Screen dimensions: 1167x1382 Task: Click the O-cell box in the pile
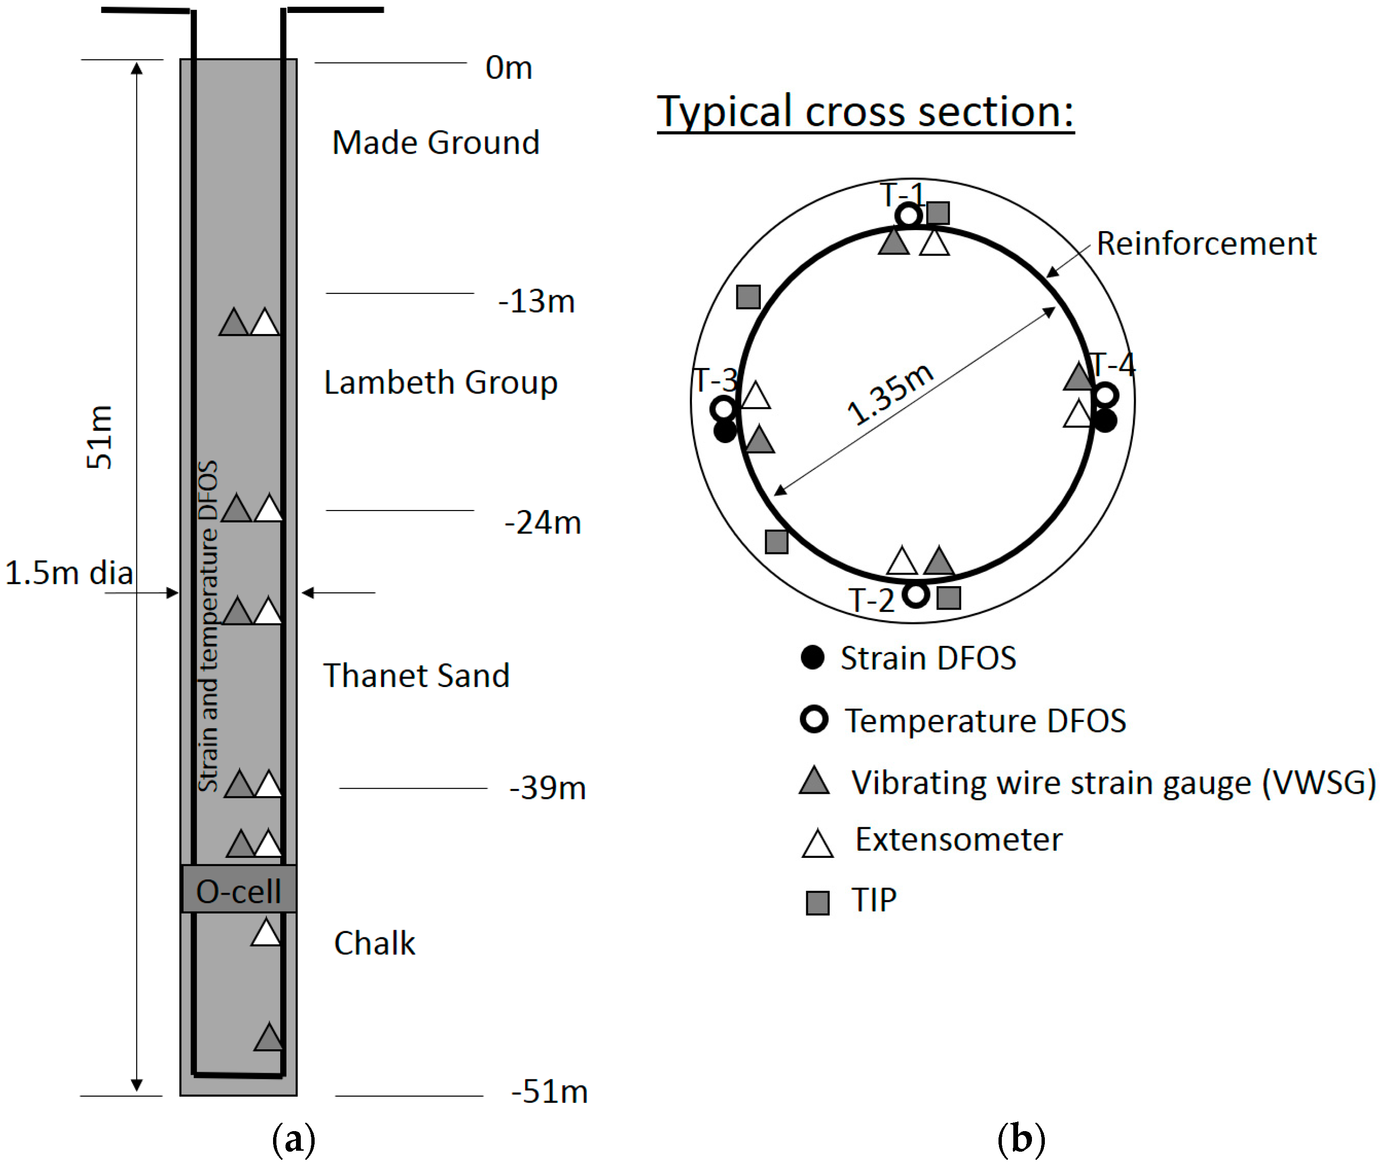pyautogui.click(x=238, y=890)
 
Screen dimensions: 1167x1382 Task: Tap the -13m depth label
pyautogui.click(x=536, y=301)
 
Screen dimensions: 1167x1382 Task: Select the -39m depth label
pyautogui.click(x=548, y=788)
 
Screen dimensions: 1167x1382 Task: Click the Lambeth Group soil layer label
pyautogui.click(x=440, y=382)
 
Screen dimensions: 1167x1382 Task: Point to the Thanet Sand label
pyautogui.click(x=416, y=676)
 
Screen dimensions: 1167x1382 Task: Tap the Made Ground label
pyautogui.click(x=436, y=143)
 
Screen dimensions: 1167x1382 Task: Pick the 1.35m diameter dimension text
pyautogui.click(x=889, y=394)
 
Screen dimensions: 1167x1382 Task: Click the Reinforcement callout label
pyautogui.click(x=1206, y=244)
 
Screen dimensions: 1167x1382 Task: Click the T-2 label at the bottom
pyautogui.click(x=871, y=600)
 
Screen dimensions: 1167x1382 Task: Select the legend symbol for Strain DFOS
pyautogui.click(x=812, y=657)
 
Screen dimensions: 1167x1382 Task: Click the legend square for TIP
pyautogui.click(x=817, y=902)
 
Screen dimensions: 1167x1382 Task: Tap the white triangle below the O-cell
pyautogui.click(x=266, y=934)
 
